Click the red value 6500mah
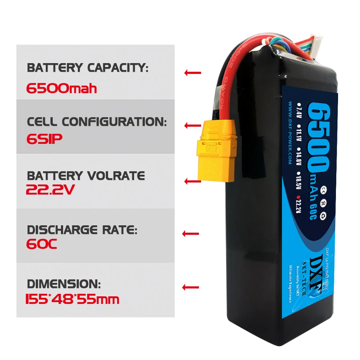(61, 88)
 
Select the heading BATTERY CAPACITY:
(87, 68)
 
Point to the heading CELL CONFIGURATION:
(97, 122)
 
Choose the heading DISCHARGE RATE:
(82, 230)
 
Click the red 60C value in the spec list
(41, 244)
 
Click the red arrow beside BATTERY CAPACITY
(192, 73)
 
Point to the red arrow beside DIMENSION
(191, 287)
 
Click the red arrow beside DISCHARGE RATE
(191, 234)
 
